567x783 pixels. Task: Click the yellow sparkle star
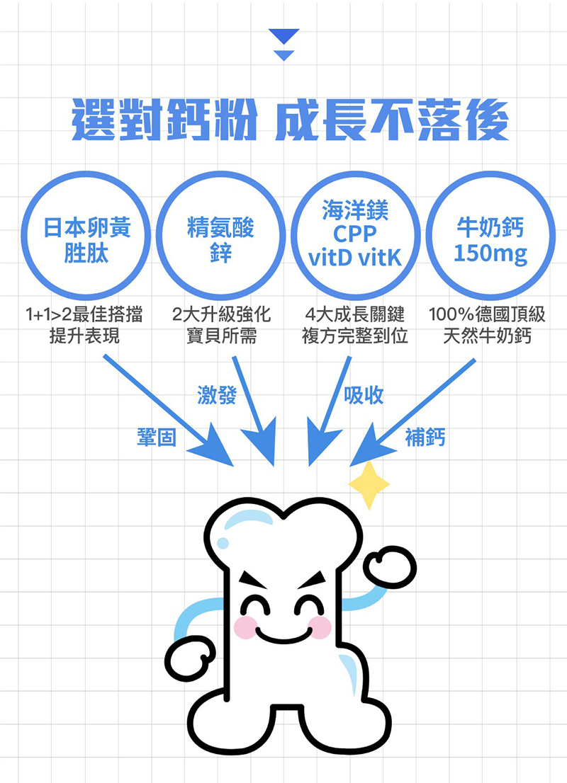pyautogui.click(x=369, y=485)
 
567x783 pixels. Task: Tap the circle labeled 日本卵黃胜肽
pyautogui.click(x=86, y=235)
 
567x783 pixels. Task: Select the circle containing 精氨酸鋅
pyautogui.click(x=220, y=235)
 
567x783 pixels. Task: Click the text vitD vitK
pyautogui.click(x=354, y=258)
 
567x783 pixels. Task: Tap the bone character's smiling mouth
pyautogui.click(x=283, y=632)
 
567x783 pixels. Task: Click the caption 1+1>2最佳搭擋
pyautogui.click(x=84, y=314)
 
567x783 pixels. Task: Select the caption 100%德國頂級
pyautogui.click(x=487, y=314)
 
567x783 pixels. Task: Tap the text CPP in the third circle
pyautogui.click(x=354, y=235)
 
